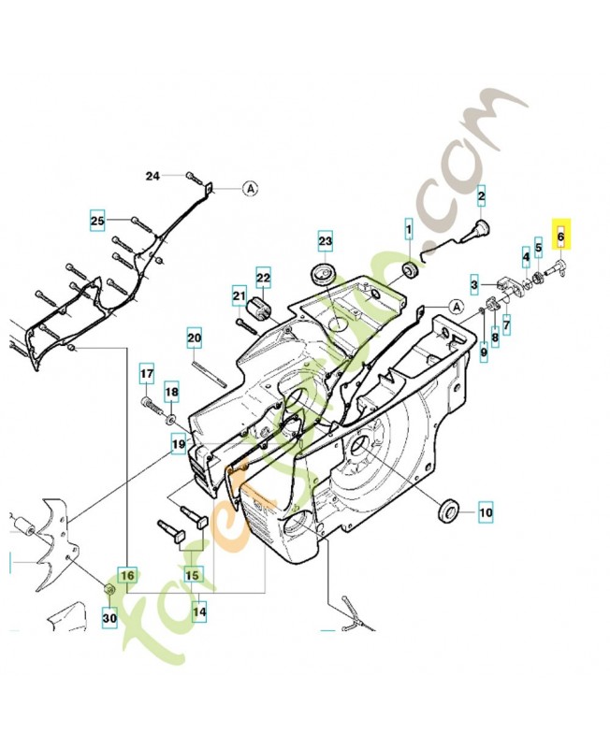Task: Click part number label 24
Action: (x=153, y=176)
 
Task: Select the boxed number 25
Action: (x=97, y=221)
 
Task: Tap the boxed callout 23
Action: (x=325, y=241)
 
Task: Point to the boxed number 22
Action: (x=263, y=278)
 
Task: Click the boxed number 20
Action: (x=194, y=338)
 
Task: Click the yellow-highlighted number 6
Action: (x=561, y=237)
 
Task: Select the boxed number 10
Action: (x=486, y=512)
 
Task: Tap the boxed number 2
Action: (x=482, y=196)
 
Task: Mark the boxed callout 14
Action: (x=199, y=612)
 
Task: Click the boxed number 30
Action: (x=109, y=618)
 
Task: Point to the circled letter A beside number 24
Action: (x=250, y=188)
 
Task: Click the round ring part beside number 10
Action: (x=449, y=511)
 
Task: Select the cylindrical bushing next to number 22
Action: (x=259, y=308)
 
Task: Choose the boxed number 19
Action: (x=178, y=445)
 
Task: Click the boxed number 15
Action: (x=193, y=575)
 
